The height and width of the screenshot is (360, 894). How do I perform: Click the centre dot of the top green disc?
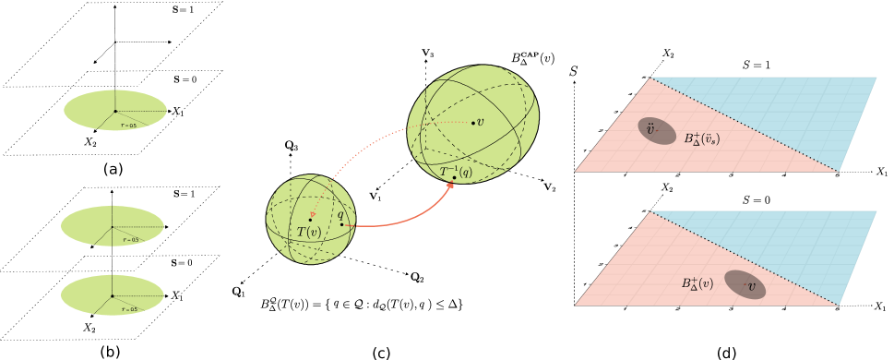click(115, 111)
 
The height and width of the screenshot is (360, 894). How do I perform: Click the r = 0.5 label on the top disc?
click(129, 126)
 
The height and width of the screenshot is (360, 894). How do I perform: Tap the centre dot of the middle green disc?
click(113, 227)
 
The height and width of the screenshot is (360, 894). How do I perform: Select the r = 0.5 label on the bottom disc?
click(129, 309)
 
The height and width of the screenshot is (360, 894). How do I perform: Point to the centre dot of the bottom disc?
click(113, 296)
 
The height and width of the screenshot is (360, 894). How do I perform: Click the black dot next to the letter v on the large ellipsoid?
click(473, 123)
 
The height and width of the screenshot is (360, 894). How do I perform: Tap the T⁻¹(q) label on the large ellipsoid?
click(455, 172)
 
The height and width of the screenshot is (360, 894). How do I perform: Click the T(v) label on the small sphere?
click(308, 233)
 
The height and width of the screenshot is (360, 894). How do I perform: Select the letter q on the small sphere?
click(340, 214)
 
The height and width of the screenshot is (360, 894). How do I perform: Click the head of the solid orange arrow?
click(451, 186)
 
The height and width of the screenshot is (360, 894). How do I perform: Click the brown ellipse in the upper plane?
click(657, 131)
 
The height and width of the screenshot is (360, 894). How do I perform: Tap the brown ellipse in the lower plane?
click(745, 284)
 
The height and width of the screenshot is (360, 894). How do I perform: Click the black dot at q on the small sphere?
click(341, 224)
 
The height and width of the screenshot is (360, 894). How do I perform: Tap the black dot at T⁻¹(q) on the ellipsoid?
click(454, 178)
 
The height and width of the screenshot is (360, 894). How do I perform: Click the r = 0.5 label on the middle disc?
click(130, 240)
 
